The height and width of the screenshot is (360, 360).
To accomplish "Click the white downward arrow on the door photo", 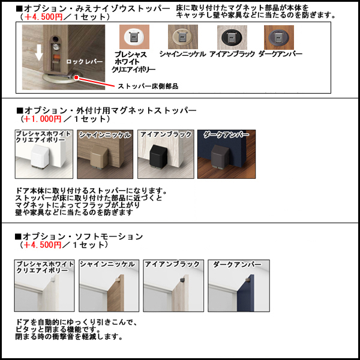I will pyautogui.click(x=38, y=53).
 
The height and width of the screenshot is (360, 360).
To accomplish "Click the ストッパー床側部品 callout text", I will pyautogui.click(x=148, y=86).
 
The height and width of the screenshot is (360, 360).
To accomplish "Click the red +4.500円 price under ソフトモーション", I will pyautogui.click(x=42, y=245).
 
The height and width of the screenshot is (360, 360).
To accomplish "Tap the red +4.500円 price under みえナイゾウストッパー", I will pyautogui.click(x=42, y=17).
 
